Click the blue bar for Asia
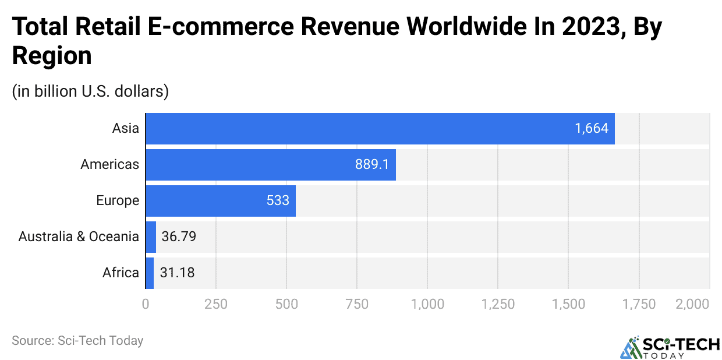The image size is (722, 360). (x=378, y=128)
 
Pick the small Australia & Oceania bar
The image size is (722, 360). (x=151, y=237)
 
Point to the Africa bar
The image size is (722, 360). (x=150, y=273)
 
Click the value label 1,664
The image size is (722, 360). (x=592, y=128)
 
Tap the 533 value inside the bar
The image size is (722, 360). (x=278, y=200)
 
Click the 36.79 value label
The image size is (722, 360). (x=178, y=237)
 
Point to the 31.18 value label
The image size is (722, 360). (x=177, y=273)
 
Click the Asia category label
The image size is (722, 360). (x=126, y=128)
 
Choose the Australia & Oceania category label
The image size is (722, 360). (x=79, y=237)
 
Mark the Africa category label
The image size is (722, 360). (x=121, y=273)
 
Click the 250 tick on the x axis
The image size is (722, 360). (x=215, y=304)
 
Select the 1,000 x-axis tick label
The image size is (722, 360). (x=427, y=304)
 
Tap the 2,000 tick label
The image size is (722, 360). (x=693, y=304)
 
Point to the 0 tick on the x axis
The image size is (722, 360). (x=146, y=304)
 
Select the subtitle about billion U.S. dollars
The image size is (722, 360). (x=90, y=91)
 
